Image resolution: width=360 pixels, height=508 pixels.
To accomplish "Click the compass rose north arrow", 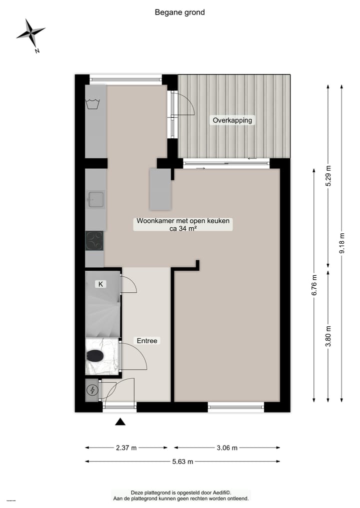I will point(31,34).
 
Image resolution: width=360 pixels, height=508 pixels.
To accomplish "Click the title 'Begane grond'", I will point(179,12).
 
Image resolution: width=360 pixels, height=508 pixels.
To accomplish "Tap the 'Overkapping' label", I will point(232,120).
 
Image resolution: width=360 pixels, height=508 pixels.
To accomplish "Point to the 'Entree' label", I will point(147,341).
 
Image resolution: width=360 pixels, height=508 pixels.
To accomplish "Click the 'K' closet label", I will point(100,284).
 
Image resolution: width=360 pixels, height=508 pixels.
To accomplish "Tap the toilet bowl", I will point(94,356).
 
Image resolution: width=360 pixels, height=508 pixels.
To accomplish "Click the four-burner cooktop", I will point(94,240).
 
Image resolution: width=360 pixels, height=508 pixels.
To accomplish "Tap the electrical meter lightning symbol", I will point(92,391).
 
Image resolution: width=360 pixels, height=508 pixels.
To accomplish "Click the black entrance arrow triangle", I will point(120,422).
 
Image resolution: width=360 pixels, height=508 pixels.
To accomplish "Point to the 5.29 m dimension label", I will point(328,176).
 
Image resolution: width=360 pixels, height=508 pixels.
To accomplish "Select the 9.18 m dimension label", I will point(342,243).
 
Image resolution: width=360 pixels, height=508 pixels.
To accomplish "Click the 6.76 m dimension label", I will point(314,286).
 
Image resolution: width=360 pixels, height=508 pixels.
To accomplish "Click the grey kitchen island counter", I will point(160,189).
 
